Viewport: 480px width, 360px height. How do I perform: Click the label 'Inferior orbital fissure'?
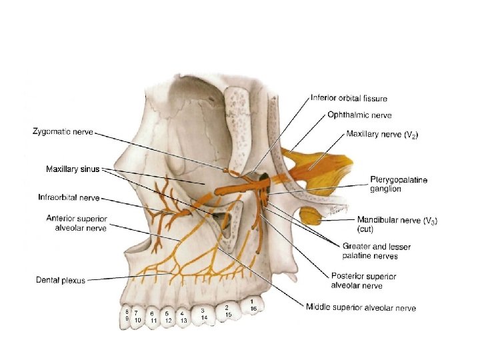point(349,99)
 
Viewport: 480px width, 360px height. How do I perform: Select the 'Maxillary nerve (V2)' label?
point(382,134)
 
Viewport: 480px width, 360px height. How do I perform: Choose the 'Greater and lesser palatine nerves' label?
point(376,251)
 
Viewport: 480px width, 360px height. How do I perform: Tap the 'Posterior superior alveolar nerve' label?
point(363,281)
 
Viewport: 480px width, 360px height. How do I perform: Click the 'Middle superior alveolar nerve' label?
point(361,307)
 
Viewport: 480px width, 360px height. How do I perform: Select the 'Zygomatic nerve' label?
point(62,131)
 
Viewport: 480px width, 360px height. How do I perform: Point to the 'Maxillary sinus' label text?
point(72,169)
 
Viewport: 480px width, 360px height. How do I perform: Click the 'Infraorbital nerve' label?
point(69,197)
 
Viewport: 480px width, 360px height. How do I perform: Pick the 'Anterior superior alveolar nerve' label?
point(77,223)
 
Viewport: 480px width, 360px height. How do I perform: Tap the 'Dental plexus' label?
point(61,281)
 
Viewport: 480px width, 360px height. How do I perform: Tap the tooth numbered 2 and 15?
point(228,311)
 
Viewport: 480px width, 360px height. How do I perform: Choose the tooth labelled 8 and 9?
point(125,315)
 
